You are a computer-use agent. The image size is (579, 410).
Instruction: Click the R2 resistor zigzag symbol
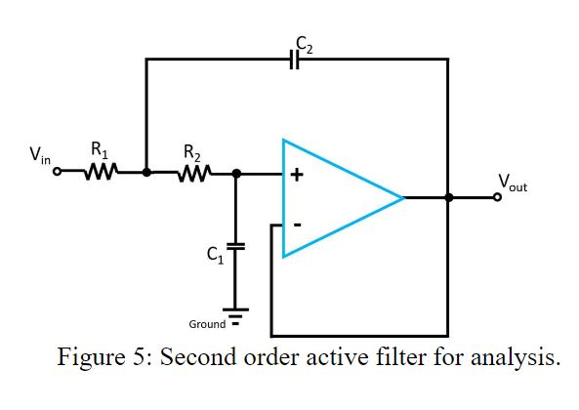[192, 173]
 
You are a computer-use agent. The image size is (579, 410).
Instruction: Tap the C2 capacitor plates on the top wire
[294, 60]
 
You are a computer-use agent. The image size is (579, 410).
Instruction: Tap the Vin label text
[40, 154]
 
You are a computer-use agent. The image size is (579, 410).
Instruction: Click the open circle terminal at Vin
[58, 173]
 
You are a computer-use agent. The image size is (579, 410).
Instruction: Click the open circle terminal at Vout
[498, 198]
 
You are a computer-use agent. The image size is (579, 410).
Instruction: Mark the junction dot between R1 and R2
[146, 173]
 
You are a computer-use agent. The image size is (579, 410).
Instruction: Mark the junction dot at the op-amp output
[448, 198]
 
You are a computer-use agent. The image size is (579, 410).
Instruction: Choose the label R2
[192, 150]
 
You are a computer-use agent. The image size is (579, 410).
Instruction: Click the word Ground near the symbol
[207, 323]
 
